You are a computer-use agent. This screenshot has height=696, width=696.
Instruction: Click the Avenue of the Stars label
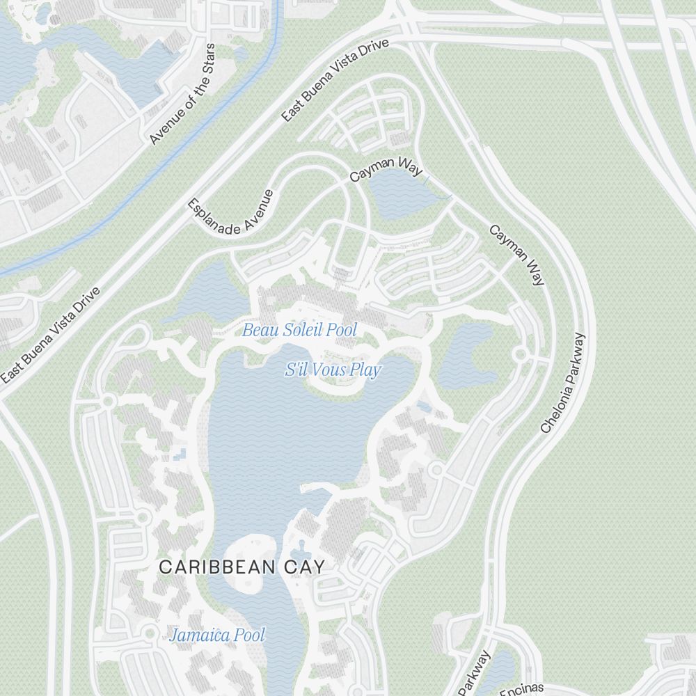point(183,95)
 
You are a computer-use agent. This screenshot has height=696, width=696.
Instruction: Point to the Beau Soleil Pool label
point(299,330)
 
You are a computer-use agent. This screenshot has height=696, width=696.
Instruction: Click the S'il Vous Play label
point(333,370)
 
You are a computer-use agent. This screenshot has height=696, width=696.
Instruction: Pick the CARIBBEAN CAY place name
point(242,567)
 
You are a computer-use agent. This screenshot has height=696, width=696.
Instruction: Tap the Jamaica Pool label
point(218,635)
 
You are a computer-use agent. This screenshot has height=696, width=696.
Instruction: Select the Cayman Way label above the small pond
point(381,169)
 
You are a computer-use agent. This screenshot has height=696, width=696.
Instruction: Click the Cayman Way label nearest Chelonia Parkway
point(516,255)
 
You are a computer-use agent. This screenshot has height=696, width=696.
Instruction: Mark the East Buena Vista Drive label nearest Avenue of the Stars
point(335,81)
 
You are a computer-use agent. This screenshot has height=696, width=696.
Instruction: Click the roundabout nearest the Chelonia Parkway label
point(520,354)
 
